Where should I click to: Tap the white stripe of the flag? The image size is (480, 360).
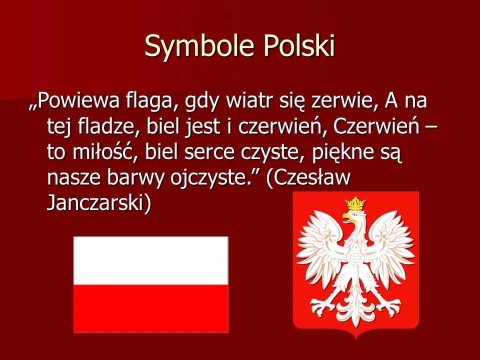[x=150, y=260]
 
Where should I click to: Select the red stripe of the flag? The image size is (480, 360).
[x=150, y=308]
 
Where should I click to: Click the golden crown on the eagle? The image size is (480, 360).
[x=355, y=203]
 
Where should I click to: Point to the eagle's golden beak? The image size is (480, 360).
[x=346, y=216]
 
